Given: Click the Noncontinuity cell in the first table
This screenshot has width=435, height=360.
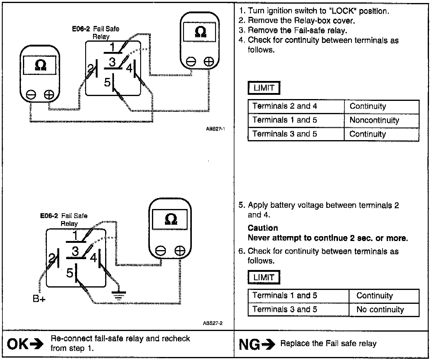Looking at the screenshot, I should [374, 120].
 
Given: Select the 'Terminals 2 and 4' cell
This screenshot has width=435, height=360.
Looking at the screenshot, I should [285, 106].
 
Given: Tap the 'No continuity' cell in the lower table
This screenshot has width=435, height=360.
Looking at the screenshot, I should [380, 310].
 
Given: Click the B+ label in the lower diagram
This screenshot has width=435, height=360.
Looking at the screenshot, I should [39, 299].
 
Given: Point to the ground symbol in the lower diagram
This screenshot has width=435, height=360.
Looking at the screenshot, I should [120, 294].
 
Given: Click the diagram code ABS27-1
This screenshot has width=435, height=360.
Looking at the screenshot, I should [215, 129].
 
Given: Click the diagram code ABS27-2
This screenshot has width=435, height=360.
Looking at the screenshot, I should [213, 323].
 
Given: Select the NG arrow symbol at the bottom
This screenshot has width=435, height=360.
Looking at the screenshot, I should [269, 344].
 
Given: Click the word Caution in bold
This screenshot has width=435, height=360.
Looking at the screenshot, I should [263, 228].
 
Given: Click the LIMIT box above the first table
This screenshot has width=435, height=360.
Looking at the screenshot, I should [264, 88].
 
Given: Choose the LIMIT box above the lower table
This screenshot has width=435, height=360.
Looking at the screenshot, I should [264, 277].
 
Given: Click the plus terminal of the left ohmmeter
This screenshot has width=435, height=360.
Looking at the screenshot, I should [49, 95].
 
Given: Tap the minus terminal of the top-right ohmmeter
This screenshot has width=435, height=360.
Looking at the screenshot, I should [191, 62].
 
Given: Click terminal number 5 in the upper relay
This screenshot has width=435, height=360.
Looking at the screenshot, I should [107, 82].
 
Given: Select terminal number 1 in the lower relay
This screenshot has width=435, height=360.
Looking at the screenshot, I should [75, 236].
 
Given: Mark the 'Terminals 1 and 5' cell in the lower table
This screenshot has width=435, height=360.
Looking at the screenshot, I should [285, 296].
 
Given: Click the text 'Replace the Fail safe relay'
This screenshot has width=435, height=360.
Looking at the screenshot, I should [328, 344].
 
